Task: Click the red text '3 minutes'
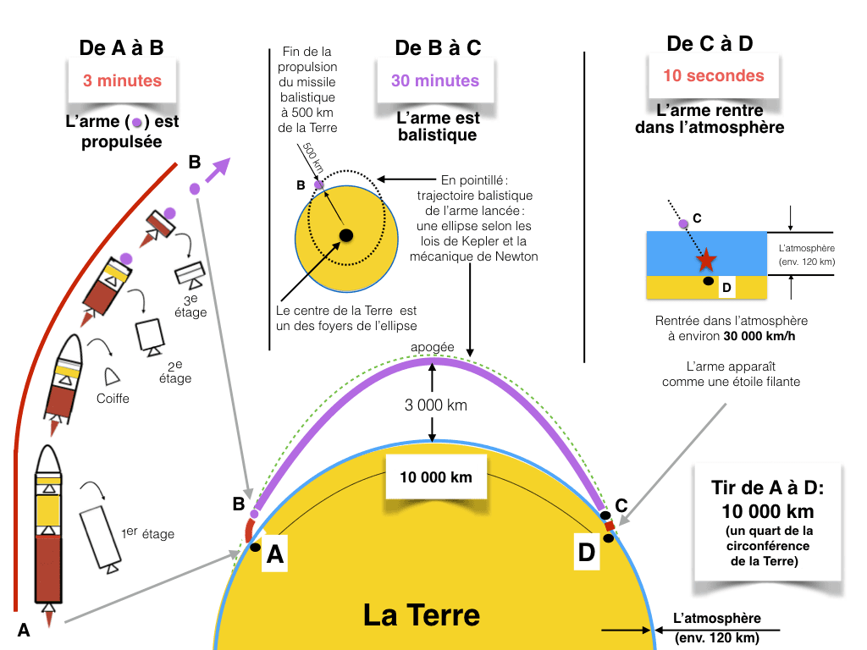point(122,81)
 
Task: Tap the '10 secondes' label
point(713,75)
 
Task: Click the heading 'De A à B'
point(121,48)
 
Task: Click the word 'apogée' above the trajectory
point(432,348)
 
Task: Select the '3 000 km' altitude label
point(434,405)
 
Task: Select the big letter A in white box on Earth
point(275,554)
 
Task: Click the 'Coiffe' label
point(113,397)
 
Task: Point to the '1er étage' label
point(148,534)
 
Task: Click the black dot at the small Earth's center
point(345,234)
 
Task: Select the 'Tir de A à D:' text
point(768,488)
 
